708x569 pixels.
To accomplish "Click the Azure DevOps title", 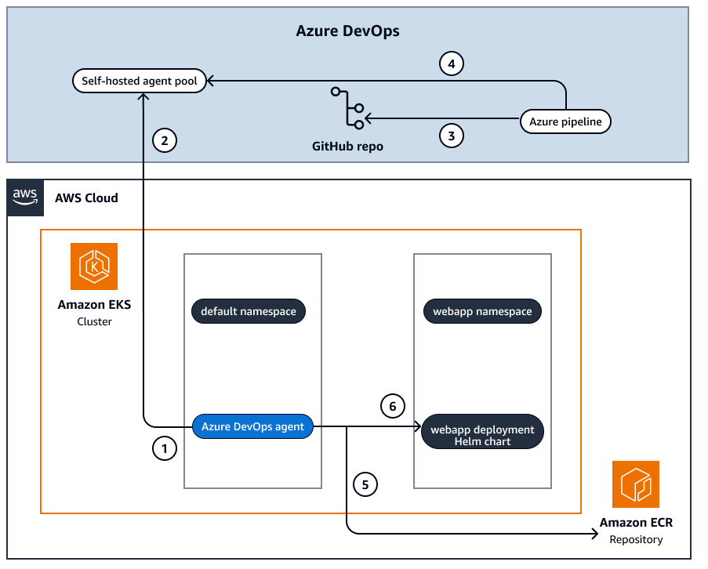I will (347, 31).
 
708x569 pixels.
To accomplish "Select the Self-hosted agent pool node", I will (140, 80).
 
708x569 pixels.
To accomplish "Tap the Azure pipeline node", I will (565, 121).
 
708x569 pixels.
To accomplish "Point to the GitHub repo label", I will (347, 146).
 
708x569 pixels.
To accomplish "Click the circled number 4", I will (451, 63).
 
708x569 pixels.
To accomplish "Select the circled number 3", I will (451, 136).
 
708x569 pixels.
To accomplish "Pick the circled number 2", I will (164, 141).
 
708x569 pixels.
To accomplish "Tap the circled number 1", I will (164, 449).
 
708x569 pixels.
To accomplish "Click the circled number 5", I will (365, 484).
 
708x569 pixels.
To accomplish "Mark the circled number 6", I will (393, 405).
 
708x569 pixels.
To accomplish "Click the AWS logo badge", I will (26, 197).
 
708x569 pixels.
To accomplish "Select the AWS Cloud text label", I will (86, 198).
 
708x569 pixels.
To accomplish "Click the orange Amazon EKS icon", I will (93, 266).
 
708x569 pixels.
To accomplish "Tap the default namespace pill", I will (249, 311).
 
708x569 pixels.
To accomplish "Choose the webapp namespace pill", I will (482, 311).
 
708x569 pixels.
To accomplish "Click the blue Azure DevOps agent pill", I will (252, 426).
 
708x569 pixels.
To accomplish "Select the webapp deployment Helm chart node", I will (482, 435).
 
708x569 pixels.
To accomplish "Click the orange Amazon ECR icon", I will (636, 484).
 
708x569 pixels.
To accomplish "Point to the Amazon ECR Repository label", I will (636, 531).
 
